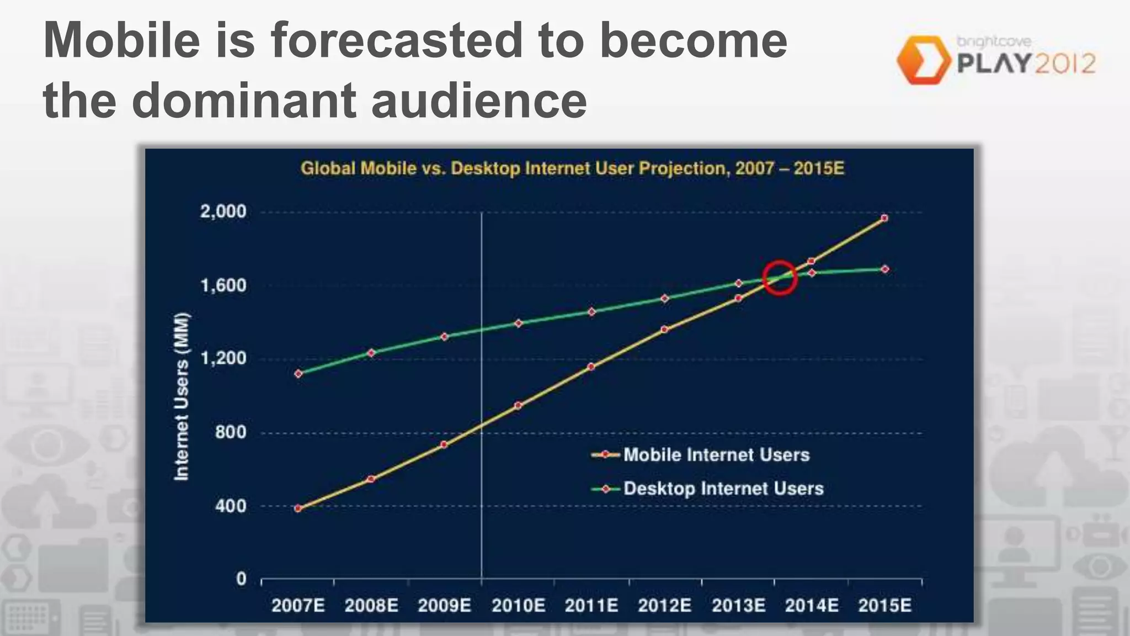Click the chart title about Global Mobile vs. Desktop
point(572,168)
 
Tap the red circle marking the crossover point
point(780,278)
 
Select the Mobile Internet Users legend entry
point(716,455)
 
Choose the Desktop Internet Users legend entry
point(723,489)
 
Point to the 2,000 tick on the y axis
point(223,211)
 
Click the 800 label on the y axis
point(231,432)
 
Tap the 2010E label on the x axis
point(518,606)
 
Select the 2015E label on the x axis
point(884,606)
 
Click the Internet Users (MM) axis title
point(182,396)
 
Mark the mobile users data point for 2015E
point(884,218)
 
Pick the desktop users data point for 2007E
point(299,374)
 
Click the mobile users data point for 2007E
point(299,508)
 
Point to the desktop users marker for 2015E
point(885,269)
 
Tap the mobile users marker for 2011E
point(591,367)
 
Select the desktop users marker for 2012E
point(664,298)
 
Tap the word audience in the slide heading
point(479,100)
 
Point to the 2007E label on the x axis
point(299,606)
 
